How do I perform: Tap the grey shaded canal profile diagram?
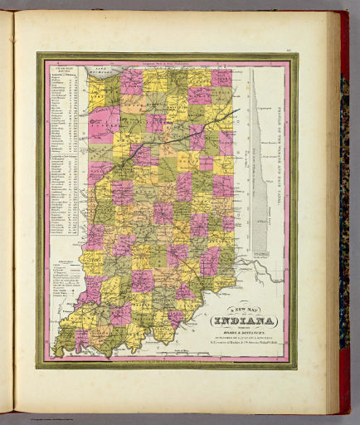(259, 166)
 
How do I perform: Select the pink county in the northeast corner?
(221, 78)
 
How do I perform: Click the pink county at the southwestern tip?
(81, 339)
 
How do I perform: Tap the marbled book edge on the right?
(344, 208)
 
